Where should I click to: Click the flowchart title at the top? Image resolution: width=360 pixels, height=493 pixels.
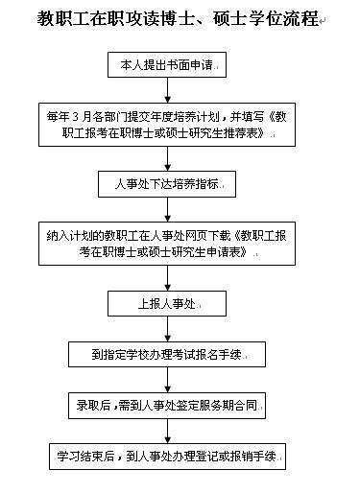(x=178, y=19)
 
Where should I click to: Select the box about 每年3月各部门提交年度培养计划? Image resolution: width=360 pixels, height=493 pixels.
(x=168, y=125)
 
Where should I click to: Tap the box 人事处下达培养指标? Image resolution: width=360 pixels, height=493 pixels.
(x=167, y=183)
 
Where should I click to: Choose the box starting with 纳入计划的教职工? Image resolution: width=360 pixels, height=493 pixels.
(x=167, y=242)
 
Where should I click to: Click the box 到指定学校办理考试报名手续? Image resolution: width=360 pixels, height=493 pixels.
(x=168, y=354)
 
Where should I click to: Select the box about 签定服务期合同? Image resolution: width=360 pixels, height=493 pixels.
(x=167, y=404)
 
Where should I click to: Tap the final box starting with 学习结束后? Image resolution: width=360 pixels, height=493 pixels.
(x=168, y=456)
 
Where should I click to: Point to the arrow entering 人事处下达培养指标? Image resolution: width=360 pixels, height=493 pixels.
(x=167, y=159)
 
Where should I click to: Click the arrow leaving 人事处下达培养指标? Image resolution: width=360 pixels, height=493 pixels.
(x=167, y=207)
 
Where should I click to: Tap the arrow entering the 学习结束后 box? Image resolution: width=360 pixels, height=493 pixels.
(x=167, y=430)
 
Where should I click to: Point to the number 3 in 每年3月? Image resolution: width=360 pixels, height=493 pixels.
(x=76, y=117)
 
